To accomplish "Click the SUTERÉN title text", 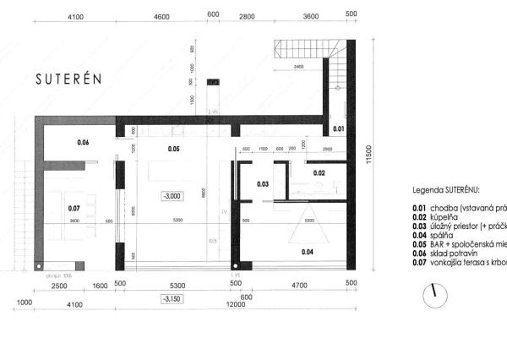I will [x=68, y=79].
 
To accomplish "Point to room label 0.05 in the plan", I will [x=173, y=150].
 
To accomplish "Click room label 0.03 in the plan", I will [x=263, y=183].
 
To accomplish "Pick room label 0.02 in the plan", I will [x=319, y=172].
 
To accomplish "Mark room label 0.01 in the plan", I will [x=337, y=128].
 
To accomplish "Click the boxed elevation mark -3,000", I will [x=173, y=196].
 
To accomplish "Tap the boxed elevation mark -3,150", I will [x=172, y=298].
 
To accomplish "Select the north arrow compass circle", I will [x=433, y=292].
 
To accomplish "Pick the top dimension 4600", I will [x=162, y=15].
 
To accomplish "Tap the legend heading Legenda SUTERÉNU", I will [x=445, y=192].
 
